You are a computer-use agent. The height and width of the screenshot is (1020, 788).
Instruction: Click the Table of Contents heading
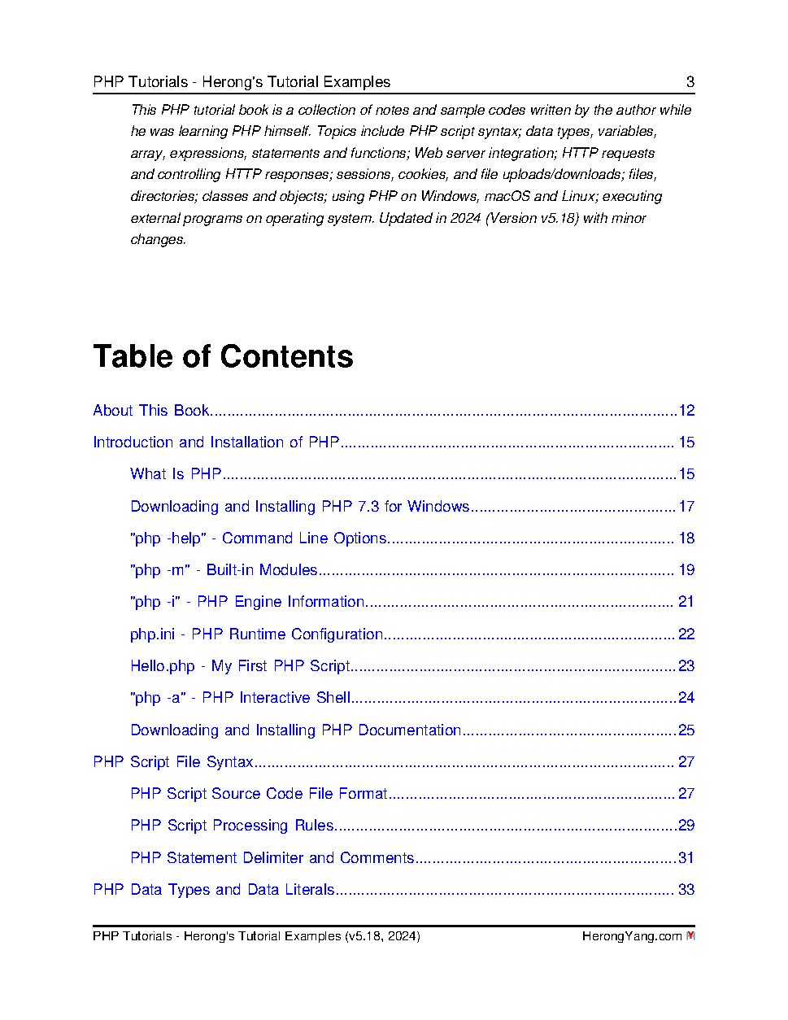click(223, 356)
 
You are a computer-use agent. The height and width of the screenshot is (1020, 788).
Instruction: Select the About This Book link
click(151, 410)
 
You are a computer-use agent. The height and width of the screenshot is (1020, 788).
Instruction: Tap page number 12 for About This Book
click(686, 410)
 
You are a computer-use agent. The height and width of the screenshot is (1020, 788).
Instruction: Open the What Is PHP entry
click(176, 473)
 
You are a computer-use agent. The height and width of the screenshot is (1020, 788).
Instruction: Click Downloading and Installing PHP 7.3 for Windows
click(299, 506)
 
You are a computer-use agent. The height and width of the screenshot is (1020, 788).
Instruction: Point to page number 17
click(686, 506)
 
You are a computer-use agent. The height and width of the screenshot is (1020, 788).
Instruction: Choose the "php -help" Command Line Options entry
click(258, 538)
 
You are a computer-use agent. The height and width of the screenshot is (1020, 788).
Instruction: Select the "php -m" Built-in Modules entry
click(224, 569)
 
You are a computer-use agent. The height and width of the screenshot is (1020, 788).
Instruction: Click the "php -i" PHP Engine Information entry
click(247, 601)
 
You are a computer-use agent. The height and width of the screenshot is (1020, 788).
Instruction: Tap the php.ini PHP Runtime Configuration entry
click(256, 634)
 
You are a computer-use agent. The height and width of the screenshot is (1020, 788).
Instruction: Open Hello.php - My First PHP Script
click(240, 665)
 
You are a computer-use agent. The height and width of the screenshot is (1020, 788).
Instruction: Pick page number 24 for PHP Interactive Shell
click(686, 697)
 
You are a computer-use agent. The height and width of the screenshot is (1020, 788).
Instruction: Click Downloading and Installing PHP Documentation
click(295, 730)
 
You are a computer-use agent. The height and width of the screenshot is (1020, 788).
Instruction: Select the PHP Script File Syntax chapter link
click(172, 761)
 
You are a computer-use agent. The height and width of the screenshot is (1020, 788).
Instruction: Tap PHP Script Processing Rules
click(232, 825)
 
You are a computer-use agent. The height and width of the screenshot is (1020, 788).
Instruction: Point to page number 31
click(686, 857)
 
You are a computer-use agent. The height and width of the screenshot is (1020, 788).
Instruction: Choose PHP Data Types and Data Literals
click(213, 889)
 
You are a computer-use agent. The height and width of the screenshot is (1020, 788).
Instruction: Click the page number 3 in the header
click(690, 81)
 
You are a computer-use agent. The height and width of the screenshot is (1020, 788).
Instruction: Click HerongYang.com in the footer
click(631, 935)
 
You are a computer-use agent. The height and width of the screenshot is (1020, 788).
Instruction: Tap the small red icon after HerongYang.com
click(690, 935)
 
